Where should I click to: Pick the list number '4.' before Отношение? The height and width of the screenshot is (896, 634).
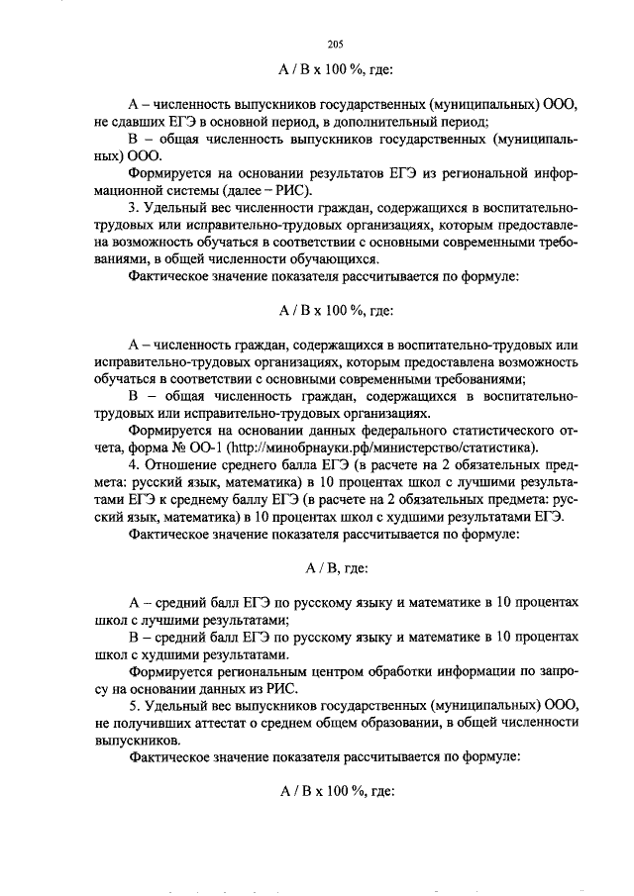135,464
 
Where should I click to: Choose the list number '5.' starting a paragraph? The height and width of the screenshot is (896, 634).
135,706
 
